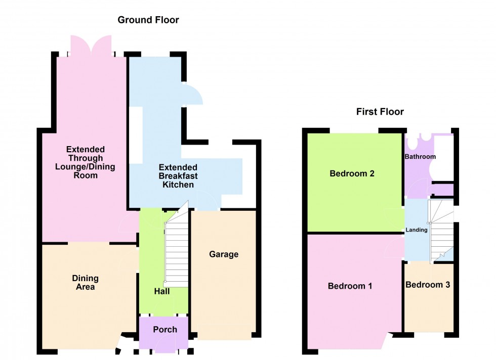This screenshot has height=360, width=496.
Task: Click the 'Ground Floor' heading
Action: click(148, 20)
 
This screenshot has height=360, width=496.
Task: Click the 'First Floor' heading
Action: click(380, 112)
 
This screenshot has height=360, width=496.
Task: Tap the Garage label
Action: click(224, 254)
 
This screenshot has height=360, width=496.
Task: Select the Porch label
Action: click(165, 330)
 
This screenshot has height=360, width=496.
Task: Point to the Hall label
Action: click(162, 291)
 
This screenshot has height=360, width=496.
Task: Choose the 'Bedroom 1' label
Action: click(350, 286)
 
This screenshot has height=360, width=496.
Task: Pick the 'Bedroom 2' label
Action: click(352, 174)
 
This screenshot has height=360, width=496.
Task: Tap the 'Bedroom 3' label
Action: click(428, 285)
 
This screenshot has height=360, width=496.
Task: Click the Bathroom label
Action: click(420, 157)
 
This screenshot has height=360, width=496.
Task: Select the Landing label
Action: click(417, 230)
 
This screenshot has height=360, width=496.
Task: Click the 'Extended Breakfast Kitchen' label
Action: click(178, 176)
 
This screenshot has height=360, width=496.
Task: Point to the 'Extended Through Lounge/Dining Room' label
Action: click(85, 162)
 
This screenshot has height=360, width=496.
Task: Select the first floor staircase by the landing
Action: click(440, 230)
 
